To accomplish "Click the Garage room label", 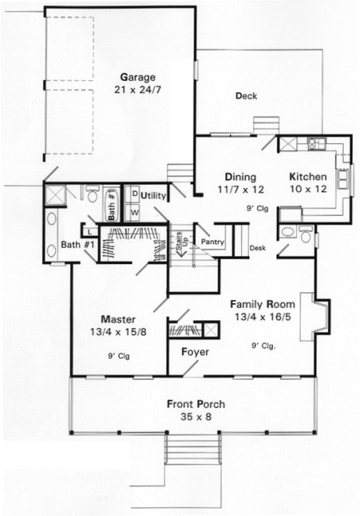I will click(138, 77).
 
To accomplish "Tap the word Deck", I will click(246, 96).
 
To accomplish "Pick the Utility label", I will click(153, 196).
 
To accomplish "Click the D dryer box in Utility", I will click(134, 193).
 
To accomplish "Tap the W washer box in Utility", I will click(134, 211).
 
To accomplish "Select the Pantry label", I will click(212, 242).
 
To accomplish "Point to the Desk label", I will click(258, 249).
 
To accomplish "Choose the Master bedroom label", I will click(119, 319).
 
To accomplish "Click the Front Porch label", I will click(193, 404).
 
